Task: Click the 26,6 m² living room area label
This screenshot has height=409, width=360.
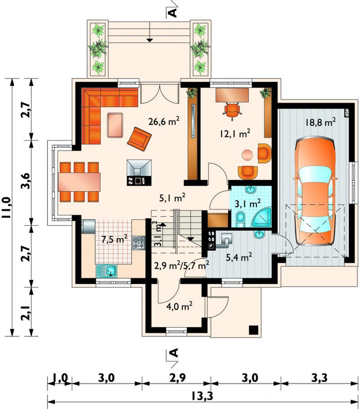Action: (163, 121)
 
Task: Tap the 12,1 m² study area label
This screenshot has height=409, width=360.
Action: (235, 134)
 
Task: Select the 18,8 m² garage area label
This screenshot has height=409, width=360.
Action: (320, 122)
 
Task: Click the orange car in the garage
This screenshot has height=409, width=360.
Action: (315, 192)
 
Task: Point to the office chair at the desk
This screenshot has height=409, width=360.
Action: (232, 111)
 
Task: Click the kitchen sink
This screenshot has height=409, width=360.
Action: (107, 270)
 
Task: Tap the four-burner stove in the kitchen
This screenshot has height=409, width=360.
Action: (139, 243)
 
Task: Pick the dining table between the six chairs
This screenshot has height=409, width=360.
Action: (79, 182)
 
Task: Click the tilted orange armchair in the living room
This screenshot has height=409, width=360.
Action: (139, 139)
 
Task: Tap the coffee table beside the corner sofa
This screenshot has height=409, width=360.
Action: (115, 125)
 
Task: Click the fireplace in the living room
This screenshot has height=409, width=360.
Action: (139, 172)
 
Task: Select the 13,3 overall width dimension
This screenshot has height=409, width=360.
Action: (202, 396)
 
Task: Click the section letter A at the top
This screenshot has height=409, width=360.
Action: (173, 13)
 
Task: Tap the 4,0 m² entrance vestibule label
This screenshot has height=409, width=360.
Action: (180, 306)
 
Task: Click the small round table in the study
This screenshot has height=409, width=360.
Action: (247, 155)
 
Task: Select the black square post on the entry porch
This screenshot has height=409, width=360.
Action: (253, 330)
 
